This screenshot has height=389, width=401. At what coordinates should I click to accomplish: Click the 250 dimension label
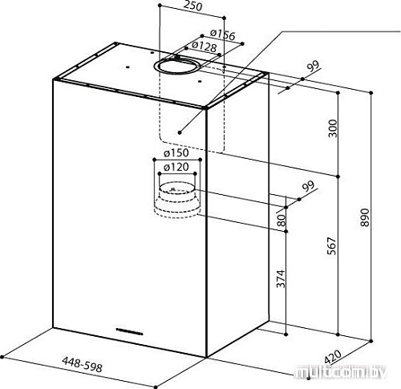(193, 6)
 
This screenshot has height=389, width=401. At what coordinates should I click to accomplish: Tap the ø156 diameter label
(222, 34)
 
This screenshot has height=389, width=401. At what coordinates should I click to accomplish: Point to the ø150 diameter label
(176, 153)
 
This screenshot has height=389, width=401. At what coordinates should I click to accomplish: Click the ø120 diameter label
(176, 168)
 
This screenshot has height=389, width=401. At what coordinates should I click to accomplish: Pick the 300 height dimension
(333, 128)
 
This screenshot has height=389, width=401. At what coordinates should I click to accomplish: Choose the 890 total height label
(365, 217)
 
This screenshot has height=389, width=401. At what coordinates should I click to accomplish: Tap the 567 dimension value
(331, 245)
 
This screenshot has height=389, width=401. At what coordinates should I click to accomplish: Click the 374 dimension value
(281, 279)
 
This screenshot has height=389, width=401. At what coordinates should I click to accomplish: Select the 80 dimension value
(282, 221)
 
